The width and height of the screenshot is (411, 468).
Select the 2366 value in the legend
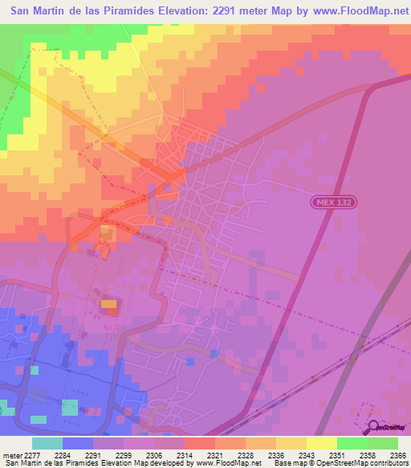[x=397, y=454]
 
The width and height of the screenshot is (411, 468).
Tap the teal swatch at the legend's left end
[x=47, y=443]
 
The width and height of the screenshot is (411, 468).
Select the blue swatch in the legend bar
[x=77, y=443]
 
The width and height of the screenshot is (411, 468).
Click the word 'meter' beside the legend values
[x=11, y=454]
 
